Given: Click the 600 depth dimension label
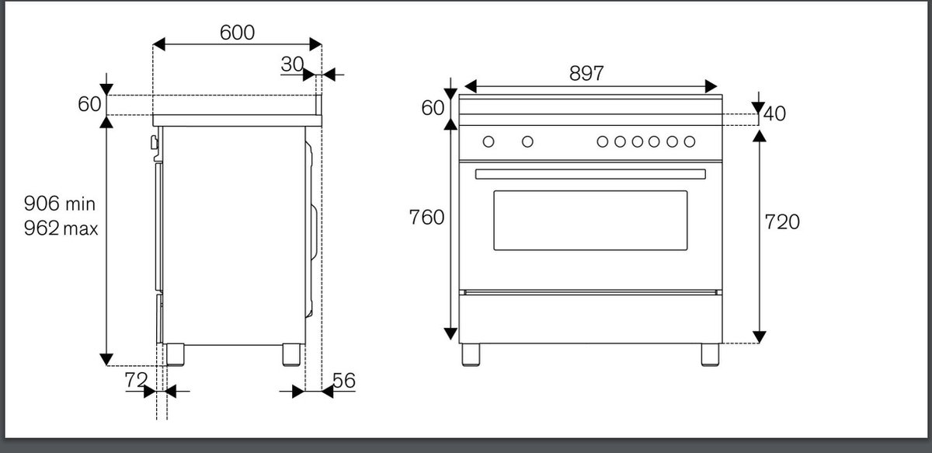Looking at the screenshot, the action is tap(237, 33).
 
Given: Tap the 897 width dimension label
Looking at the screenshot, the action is tap(586, 73).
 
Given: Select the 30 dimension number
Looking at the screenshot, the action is tap(292, 64).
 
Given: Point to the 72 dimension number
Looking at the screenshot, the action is tap(136, 380).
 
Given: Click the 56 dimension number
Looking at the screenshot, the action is tap(344, 381).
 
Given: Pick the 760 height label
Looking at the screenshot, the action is tap(426, 218).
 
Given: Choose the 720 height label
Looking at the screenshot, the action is tap(782, 222).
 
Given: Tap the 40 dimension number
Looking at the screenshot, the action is tap(775, 113).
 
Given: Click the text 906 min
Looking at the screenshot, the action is tap(60, 204).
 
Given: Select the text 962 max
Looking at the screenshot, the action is tap(61, 228).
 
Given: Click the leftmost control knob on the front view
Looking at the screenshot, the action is tap(489, 141).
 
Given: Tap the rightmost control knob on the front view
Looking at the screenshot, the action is tap(690, 141).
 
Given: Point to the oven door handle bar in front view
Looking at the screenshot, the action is tap(590, 174).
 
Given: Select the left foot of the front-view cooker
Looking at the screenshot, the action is tap(471, 355).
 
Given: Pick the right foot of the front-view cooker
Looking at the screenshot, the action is tap(710, 355).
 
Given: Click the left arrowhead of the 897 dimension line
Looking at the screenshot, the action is tap(470, 86).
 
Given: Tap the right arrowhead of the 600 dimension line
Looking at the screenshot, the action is tap(316, 44).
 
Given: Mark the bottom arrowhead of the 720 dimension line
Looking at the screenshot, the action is tap(760, 336).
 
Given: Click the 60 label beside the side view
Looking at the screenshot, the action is tap(89, 104).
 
